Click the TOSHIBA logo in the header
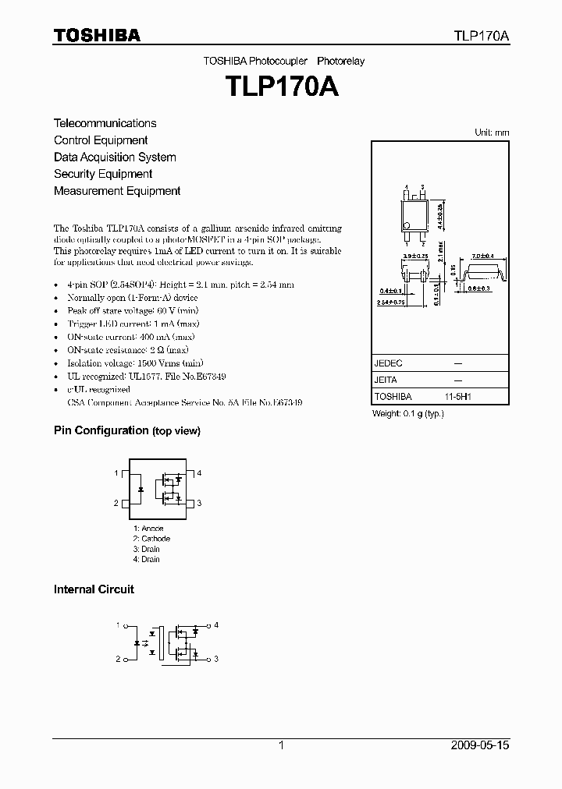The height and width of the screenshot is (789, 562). click(x=97, y=35)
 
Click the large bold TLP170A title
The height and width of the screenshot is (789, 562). click(x=282, y=86)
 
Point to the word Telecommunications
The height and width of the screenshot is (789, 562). click(x=105, y=123)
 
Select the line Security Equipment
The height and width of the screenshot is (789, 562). click(x=103, y=174)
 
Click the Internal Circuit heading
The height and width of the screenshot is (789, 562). click(x=94, y=589)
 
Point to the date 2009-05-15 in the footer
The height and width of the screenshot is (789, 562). click(x=480, y=745)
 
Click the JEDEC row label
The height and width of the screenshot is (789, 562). click(x=388, y=363)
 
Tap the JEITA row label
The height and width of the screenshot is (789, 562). click(x=386, y=380)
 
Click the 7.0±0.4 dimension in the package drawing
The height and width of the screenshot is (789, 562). click(x=483, y=257)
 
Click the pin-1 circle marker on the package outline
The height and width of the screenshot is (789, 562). click(x=407, y=227)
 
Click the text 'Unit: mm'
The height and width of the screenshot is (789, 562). click(x=492, y=133)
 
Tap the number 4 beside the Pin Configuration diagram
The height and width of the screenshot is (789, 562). click(x=199, y=473)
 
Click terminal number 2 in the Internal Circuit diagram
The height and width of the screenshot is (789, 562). click(x=118, y=660)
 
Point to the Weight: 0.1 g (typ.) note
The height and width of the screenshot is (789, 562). click(x=408, y=413)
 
